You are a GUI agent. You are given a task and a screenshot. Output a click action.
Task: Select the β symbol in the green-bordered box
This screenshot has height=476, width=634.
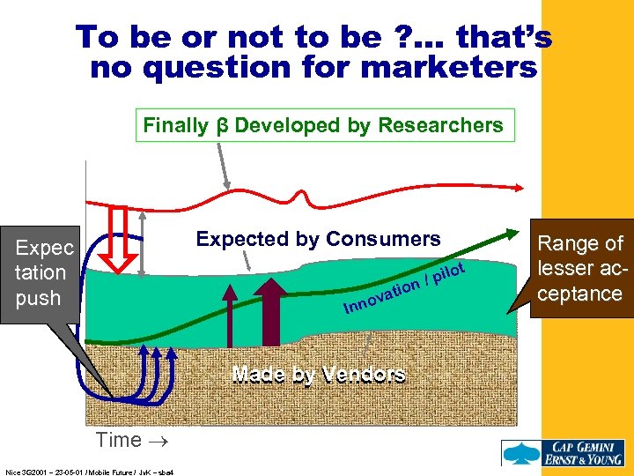coord(223,125)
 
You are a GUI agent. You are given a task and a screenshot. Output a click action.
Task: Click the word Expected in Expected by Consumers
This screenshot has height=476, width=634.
coord(239,239)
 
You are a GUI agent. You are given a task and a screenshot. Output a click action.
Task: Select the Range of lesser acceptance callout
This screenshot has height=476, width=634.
coord(580,268)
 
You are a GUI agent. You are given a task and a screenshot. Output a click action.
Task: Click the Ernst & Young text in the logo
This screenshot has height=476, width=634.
coord(586,459)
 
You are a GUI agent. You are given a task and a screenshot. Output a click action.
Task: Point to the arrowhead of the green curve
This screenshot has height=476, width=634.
coord(513,232)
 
